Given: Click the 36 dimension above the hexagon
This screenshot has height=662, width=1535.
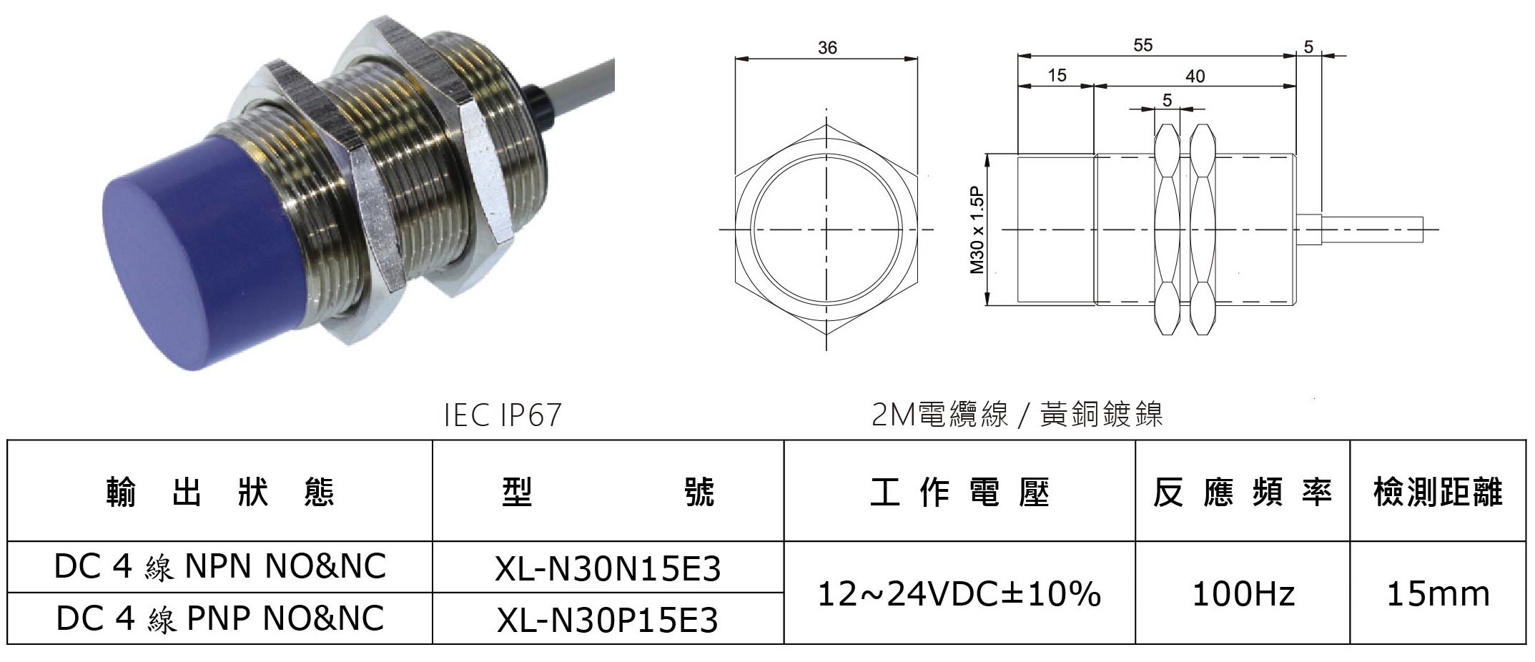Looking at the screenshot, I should click(x=827, y=48).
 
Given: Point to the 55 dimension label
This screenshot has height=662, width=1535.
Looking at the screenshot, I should click(x=1143, y=45).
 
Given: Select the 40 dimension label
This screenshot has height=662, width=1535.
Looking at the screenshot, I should click(x=1195, y=76).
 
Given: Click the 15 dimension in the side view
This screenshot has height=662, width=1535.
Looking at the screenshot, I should click(x=1057, y=76).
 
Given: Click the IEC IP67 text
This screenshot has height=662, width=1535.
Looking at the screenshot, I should click(x=503, y=415).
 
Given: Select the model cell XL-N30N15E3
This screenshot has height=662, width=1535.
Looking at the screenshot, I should click(x=608, y=569).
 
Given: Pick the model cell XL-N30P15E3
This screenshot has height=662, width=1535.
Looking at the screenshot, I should click(x=608, y=620).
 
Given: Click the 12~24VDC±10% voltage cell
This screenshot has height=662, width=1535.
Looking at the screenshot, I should click(x=959, y=593).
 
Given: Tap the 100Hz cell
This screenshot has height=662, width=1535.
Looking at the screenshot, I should click(x=1243, y=594).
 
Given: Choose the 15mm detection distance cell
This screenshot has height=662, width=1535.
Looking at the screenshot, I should click(x=1438, y=594).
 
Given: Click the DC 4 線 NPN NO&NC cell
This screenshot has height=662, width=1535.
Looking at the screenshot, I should click(x=219, y=568).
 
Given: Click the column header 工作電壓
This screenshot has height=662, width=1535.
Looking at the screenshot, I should click(x=959, y=493).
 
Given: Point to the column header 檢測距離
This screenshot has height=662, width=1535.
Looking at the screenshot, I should click(x=1438, y=493).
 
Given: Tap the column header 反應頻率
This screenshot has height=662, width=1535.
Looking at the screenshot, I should click(x=1243, y=493).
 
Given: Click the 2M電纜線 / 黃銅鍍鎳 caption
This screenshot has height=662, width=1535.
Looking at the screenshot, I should click(x=1017, y=415).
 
